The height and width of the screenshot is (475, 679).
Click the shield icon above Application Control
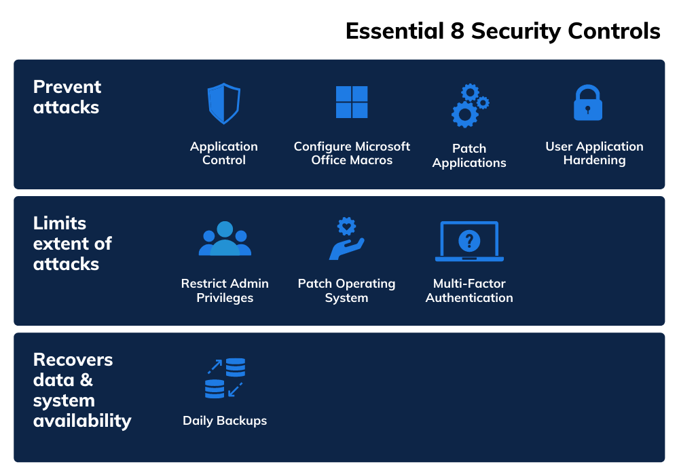pyautogui.click(x=224, y=104)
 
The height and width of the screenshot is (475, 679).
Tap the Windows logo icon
pyautogui.click(x=352, y=102)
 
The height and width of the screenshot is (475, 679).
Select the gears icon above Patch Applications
pyautogui.click(x=469, y=106)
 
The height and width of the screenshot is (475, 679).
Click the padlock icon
pyautogui.click(x=588, y=103)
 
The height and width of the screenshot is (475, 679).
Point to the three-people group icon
pyautogui.click(x=225, y=240)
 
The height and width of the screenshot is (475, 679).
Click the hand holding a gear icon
pyautogui.click(x=347, y=239)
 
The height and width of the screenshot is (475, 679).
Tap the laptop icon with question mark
pyautogui.click(x=469, y=242)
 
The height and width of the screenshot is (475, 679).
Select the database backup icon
pyautogui.click(x=225, y=378)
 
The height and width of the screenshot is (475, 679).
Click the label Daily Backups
pyautogui.click(x=225, y=421)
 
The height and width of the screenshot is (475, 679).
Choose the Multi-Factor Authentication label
pyautogui.click(x=469, y=290)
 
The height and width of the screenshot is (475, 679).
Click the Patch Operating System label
pyautogui.click(x=346, y=290)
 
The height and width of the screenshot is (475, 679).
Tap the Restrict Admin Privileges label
pyautogui.click(x=225, y=290)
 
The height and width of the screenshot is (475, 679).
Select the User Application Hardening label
pyautogui.click(x=594, y=153)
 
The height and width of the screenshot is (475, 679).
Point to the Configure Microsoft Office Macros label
pyautogui.click(x=352, y=153)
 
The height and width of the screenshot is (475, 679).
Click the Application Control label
pyautogui.click(x=224, y=153)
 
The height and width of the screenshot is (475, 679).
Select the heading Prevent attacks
pyautogui.click(x=67, y=97)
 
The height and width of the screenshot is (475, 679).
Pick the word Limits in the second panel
pyautogui.click(x=60, y=223)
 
